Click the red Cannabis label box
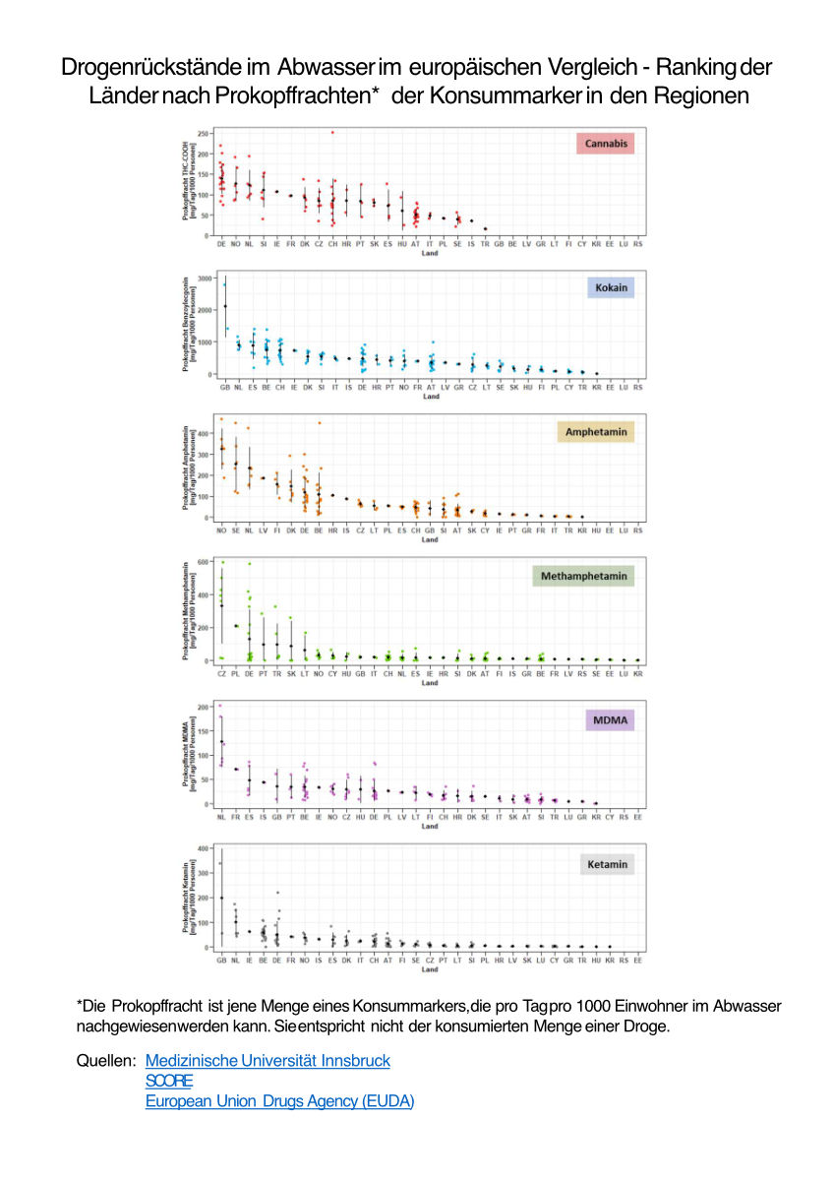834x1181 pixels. pos(605,145)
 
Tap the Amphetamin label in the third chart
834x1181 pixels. pos(597,432)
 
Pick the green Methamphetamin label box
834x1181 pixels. pos(583,576)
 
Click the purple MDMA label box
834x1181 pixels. pos(610,720)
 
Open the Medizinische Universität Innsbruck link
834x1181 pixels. pos(268,1060)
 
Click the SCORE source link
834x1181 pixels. pos(162,1081)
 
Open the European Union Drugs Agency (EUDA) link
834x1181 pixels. pos(279,1101)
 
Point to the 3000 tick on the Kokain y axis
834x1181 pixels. pos(204,279)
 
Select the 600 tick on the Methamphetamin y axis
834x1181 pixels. pos(205,562)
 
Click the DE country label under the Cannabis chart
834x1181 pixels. pos(221,243)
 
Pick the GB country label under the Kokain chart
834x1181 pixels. pos(224,387)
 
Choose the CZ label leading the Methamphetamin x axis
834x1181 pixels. pos(221,674)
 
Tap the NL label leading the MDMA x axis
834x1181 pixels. pos(221,818)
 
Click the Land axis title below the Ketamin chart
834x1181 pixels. pos(430,969)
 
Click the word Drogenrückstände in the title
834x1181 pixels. pos(165,68)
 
